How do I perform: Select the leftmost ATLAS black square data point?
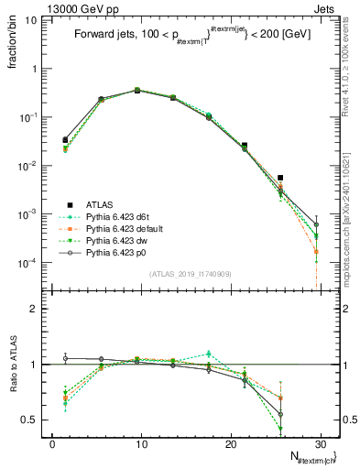tap(65, 140)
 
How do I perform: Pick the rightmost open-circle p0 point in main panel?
tap(316, 224)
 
